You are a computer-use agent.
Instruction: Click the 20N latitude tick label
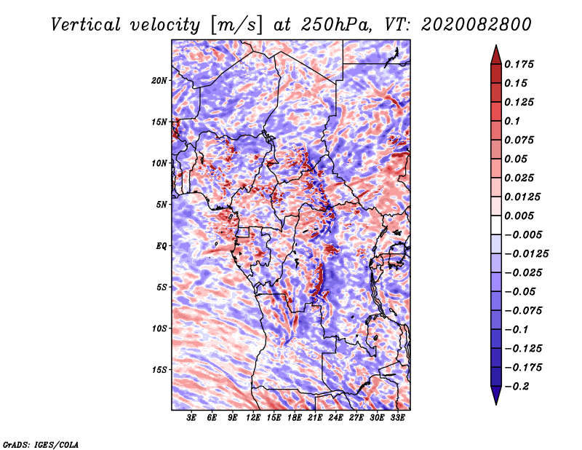(x=159, y=81)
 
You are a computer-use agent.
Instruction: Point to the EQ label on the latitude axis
(x=162, y=246)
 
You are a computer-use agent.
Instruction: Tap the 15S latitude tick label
(x=159, y=370)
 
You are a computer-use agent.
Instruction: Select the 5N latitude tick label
(x=162, y=205)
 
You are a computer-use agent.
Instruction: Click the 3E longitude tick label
(x=191, y=418)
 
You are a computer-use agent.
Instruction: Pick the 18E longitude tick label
(x=295, y=418)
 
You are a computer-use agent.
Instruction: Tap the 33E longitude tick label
(x=397, y=418)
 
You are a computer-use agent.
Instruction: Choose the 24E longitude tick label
(x=335, y=418)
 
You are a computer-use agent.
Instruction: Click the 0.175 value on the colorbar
(x=519, y=64)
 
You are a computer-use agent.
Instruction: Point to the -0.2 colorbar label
(x=517, y=387)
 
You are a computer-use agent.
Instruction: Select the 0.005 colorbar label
(x=519, y=216)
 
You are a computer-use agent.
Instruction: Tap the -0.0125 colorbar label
(x=526, y=254)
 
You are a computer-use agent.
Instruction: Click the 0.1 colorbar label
(x=512, y=121)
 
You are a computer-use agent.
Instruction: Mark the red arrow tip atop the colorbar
(x=496, y=45)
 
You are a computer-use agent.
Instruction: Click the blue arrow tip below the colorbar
(x=496, y=404)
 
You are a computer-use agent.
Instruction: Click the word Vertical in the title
(x=86, y=25)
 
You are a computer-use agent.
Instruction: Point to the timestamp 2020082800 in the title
(x=477, y=25)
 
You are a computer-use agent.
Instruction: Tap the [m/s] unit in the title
(x=236, y=25)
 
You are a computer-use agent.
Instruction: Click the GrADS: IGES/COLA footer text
(x=41, y=444)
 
